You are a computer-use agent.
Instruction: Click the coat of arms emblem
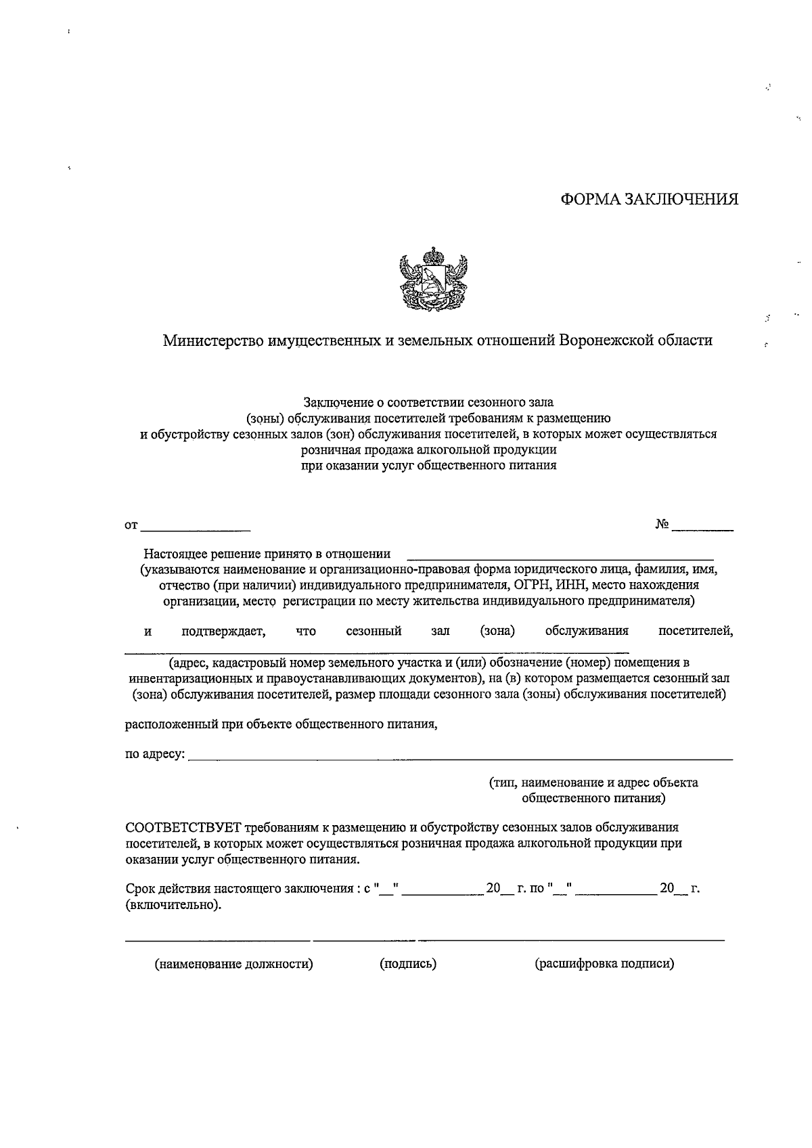[434, 279]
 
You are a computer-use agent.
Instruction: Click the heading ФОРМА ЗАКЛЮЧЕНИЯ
[649, 199]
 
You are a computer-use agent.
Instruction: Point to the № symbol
[662, 525]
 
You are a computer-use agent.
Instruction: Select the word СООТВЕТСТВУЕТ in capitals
[183, 827]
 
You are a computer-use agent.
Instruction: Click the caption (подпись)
[407, 963]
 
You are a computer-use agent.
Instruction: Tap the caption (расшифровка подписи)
[604, 963]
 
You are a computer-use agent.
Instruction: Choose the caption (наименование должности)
[234, 963]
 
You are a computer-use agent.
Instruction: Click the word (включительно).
[173, 905]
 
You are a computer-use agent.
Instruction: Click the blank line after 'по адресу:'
[460, 758]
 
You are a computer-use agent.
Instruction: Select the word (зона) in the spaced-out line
[497, 631]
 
